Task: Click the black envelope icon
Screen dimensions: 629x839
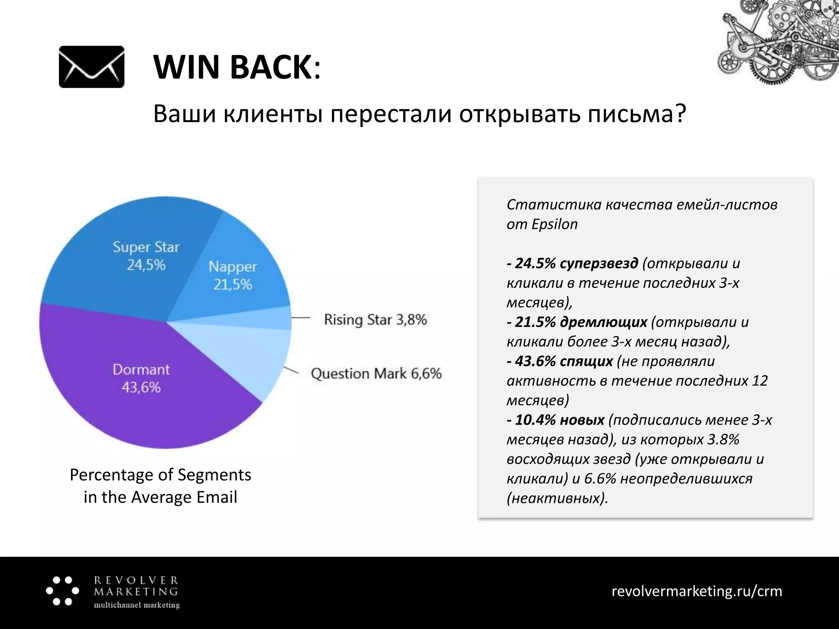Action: [91, 67]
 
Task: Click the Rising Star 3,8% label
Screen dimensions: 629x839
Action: [375, 319]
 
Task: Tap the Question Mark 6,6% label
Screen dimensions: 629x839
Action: [376, 373]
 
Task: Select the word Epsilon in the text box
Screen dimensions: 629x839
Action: [554, 224]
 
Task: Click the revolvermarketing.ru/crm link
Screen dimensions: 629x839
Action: [696, 591]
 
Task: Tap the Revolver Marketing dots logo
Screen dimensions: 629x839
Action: [62, 591]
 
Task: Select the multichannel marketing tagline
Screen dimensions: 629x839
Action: [137, 605]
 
